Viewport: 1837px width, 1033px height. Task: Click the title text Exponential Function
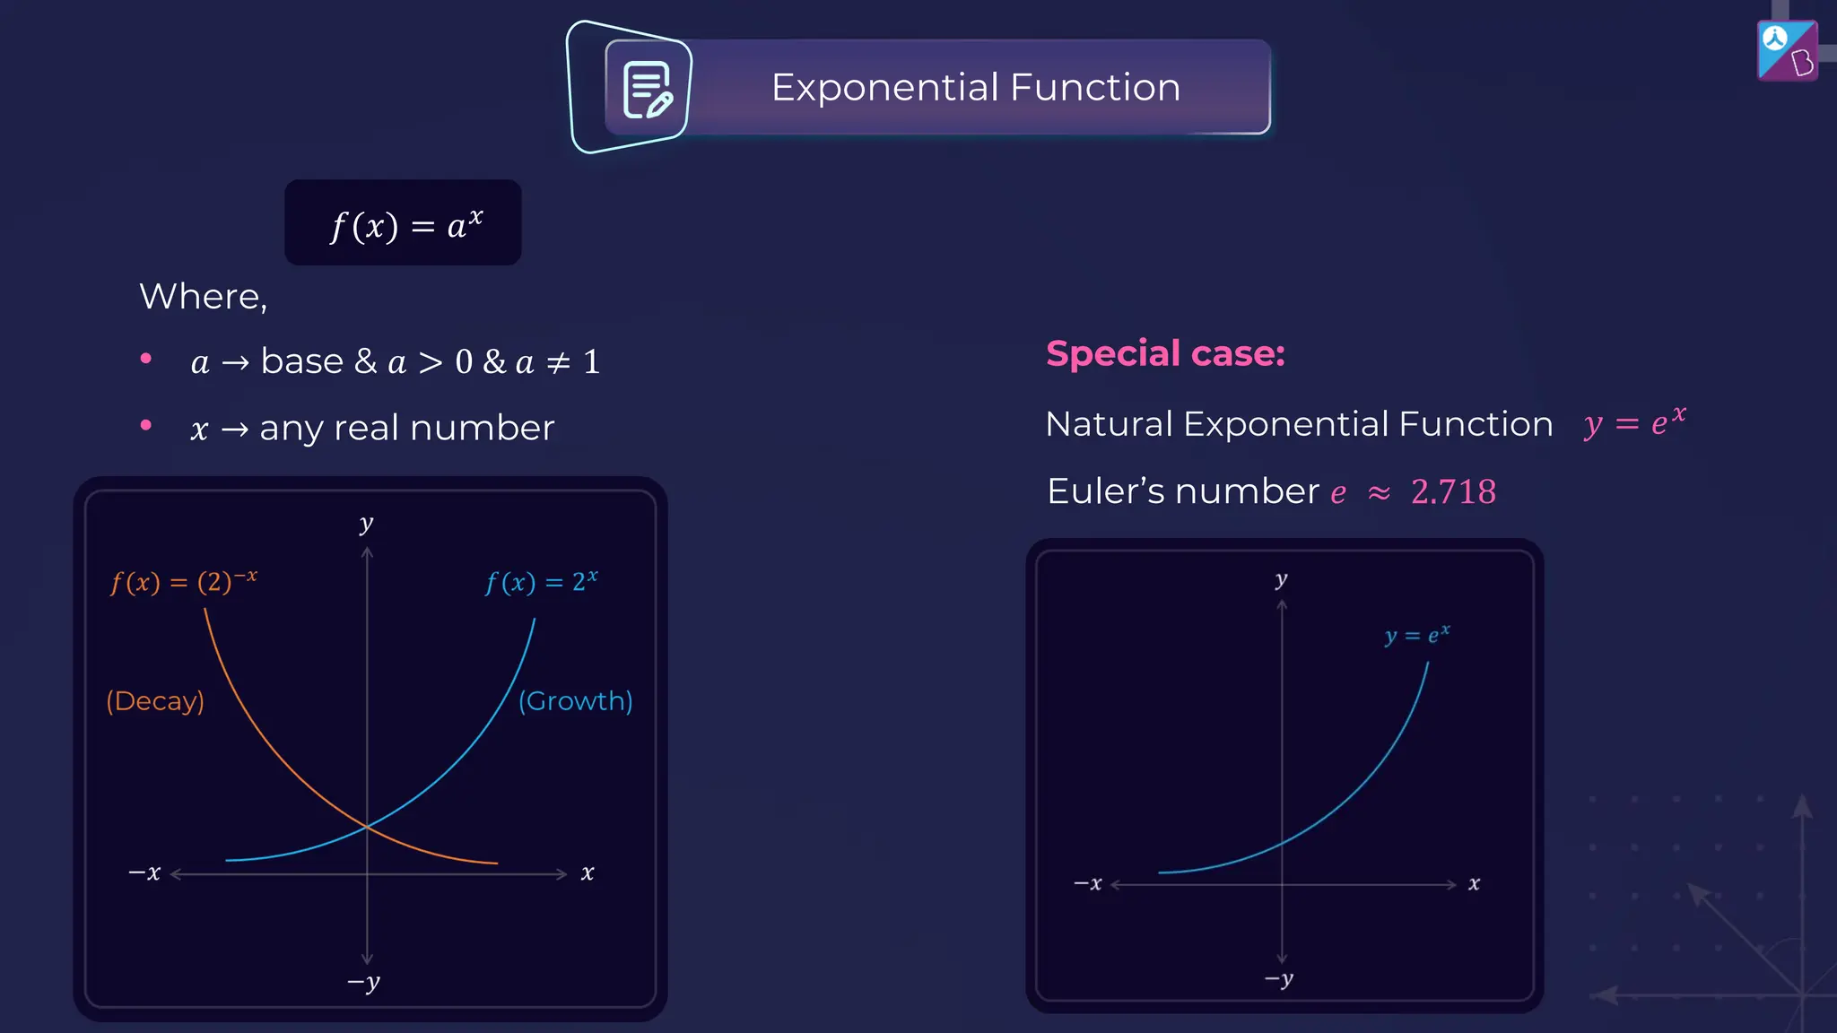tap(975, 88)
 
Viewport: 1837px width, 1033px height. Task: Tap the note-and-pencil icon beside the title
tap(647, 90)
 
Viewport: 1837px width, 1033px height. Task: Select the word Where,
tap(204, 297)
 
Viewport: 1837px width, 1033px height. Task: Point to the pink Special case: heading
tap(1165, 353)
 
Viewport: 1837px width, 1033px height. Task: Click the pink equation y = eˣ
tap(1634, 421)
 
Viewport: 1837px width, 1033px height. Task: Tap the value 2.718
tap(1453, 492)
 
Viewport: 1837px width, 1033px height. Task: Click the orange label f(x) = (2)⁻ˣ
tap(184, 582)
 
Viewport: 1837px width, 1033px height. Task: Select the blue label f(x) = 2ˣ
tap(541, 582)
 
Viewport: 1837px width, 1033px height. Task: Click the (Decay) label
tap(155, 700)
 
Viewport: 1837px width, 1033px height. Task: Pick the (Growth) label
tap(576, 700)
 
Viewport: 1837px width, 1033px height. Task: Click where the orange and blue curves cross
tap(367, 826)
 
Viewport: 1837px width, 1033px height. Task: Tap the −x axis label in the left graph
tap(144, 872)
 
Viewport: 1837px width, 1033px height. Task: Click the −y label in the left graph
tap(364, 983)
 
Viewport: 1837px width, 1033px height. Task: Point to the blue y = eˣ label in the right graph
tap(1417, 635)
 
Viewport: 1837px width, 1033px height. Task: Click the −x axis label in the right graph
tap(1088, 883)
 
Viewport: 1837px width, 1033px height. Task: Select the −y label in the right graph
tap(1279, 979)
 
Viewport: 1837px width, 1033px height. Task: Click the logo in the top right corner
tap(1787, 51)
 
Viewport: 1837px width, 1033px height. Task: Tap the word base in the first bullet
tap(302, 361)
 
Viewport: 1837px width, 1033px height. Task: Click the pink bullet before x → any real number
tap(146, 425)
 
